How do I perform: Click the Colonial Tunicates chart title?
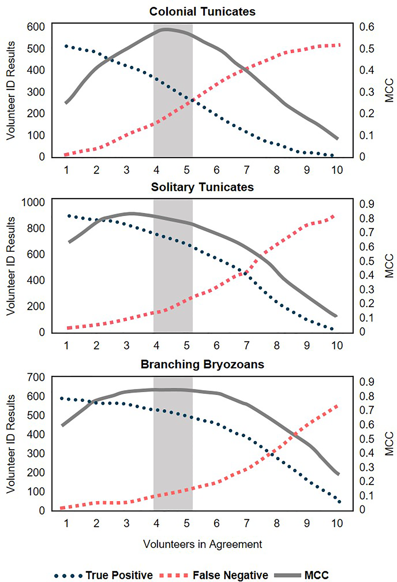click(x=202, y=12)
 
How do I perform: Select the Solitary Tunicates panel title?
click(x=202, y=187)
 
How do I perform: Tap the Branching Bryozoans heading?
click(x=202, y=364)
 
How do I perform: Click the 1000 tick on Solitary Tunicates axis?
click(x=33, y=202)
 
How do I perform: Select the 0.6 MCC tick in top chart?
click(x=367, y=27)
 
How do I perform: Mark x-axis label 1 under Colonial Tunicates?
click(x=66, y=170)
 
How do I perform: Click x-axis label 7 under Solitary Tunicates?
click(x=247, y=346)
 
